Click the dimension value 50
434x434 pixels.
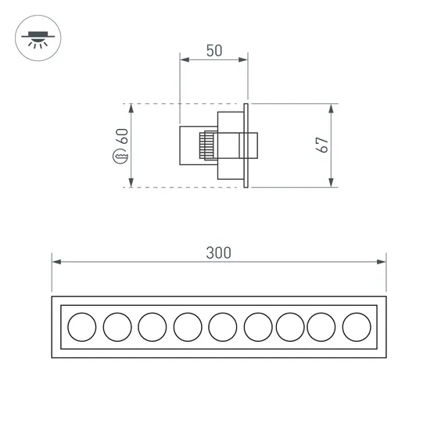point(214,51)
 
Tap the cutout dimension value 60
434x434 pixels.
point(122,138)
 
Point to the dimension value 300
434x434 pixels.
point(219,253)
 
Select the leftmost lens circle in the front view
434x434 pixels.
point(81,326)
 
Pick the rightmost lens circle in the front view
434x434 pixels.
point(356,326)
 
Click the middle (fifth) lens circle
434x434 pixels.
point(223,326)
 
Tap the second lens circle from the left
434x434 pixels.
point(117,326)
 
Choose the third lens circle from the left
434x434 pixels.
point(152,326)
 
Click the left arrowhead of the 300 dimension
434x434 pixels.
point(56,262)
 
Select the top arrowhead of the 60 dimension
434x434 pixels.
point(131,107)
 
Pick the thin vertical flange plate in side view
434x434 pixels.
point(246,145)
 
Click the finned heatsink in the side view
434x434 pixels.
point(209,146)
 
